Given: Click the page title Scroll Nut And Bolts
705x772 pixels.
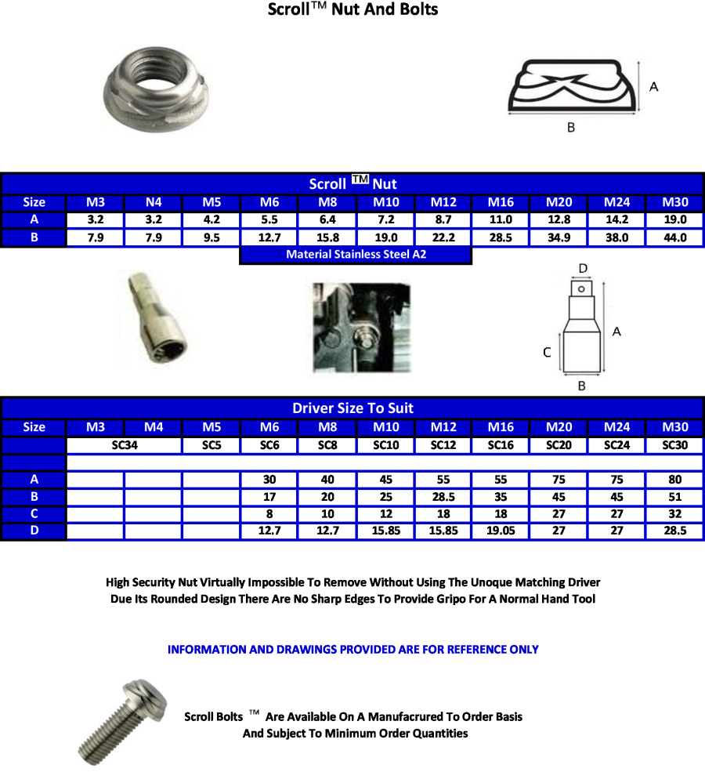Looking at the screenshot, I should click(352, 10).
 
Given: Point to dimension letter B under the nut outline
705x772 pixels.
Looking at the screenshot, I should click(570, 128).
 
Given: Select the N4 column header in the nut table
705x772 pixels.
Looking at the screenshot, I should click(154, 202).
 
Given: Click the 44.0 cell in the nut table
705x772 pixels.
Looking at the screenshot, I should click(675, 237).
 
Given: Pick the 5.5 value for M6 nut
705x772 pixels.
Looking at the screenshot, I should click(269, 220).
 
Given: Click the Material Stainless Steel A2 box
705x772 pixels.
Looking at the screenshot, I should click(356, 255).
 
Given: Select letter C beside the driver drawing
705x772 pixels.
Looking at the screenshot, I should click(548, 353).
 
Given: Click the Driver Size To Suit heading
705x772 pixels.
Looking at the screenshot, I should click(352, 408).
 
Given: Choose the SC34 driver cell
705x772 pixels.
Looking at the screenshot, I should click(125, 444).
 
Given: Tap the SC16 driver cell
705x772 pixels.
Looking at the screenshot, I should click(501, 444).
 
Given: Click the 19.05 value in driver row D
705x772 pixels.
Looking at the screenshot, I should click(501, 531).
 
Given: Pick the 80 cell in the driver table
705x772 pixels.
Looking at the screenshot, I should click(675, 479).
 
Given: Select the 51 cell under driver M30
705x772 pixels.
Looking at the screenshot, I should click(675, 497).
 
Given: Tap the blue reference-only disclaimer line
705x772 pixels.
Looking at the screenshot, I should click(352, 649).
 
